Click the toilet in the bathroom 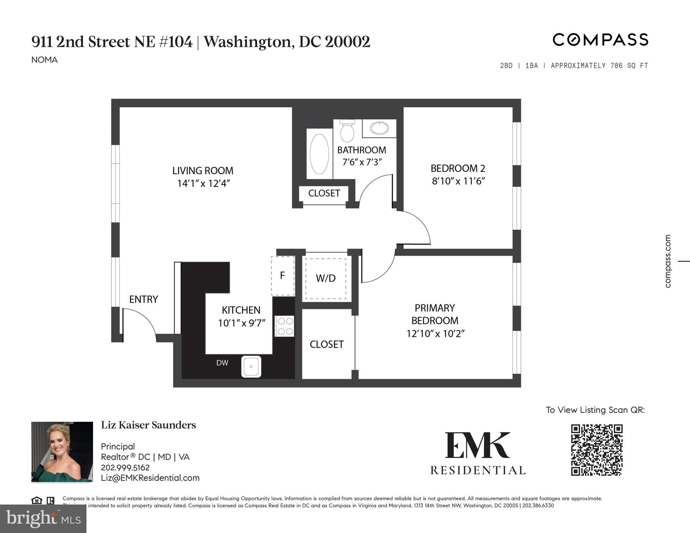pyautogui.click(x=347, y=132)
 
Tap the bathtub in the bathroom pyautogui.click(x=319, y=154)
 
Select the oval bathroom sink pyautogui.click(x=379, y=128)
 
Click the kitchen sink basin pyautogui.click(x=251, y=367)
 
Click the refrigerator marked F pyautogui.click(x=283, y=276)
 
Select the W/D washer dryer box pyautogui.click(x=326, y=278)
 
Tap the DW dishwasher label pyautogui.click(x=222, y=363)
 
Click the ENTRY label pyautogui.click(x=143, y=299)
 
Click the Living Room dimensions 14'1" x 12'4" pyautogui.click(x=203, y=183)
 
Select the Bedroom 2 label pyautogui.click(x=458, y=168)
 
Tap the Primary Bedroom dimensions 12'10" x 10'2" pyautogui.click(x=435, y=334)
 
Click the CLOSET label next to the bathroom pyautogui.click(x=324, y=193)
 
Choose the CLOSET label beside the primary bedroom pyautogui.click(x=326, y=344)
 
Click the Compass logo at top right pyautogui.click(x=600, y=40)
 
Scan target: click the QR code pyautogui.click(x=597, y=450)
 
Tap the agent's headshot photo pyautogui.click(x=62, y=452)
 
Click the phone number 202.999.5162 pyautogui.click(x=125, y=467)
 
